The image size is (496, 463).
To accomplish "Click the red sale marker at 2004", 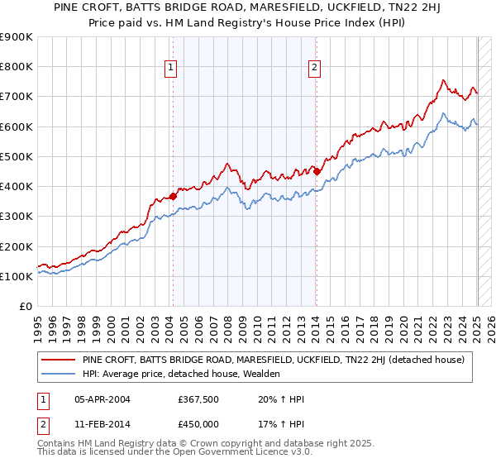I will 173,196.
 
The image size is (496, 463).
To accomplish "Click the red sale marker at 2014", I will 317,171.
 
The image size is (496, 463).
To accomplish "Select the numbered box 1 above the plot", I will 170,69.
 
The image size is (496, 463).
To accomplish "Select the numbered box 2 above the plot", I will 315,69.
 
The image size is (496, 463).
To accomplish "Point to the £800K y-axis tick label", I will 17,67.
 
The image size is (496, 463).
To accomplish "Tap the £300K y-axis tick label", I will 17,217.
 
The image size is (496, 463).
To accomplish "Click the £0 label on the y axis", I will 25,307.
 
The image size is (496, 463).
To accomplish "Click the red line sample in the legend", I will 58,360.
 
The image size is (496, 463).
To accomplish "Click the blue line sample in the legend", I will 58,374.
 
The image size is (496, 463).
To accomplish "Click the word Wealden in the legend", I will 260,374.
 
